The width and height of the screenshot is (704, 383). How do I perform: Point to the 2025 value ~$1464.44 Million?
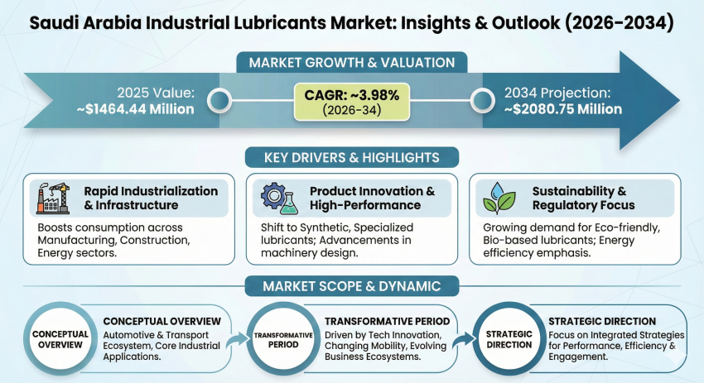pos(145,108)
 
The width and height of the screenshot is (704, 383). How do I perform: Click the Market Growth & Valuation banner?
pos(351,62)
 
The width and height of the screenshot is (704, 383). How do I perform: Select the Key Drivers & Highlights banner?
pos(351,157)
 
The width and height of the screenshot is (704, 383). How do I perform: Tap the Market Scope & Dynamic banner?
pos(351,286)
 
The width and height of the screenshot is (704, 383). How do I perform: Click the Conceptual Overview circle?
pos(60,339)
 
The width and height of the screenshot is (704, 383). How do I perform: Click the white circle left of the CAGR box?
pos(219,102)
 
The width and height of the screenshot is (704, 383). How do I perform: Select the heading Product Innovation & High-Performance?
pos(372,198)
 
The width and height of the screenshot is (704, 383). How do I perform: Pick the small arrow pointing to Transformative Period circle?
pos(237,336)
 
